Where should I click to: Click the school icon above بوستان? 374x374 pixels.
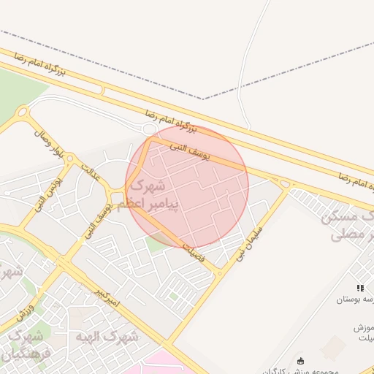pos(359,289)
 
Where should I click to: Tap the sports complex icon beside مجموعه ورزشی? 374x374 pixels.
pos(301,360)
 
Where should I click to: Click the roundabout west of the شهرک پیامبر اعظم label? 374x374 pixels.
pos(116,195)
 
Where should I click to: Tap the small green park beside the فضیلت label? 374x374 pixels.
pos(158,242)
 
